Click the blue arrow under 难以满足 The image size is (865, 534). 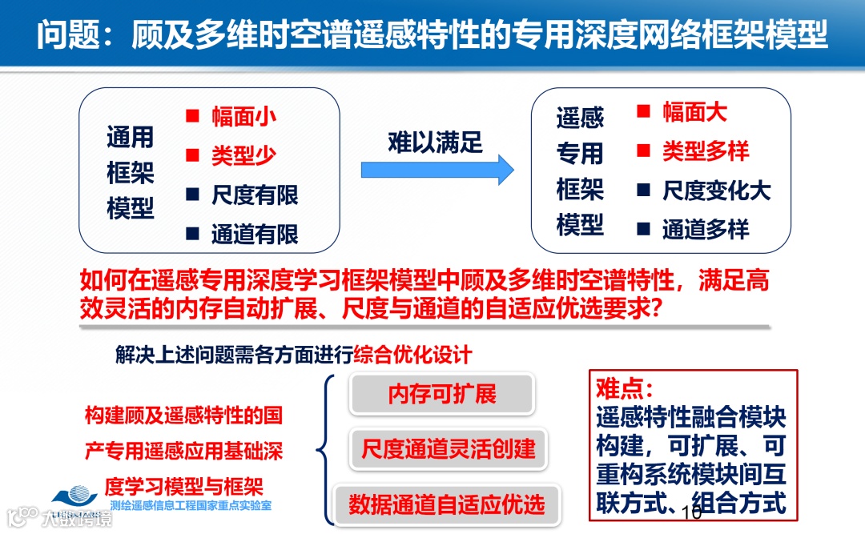tap(437, 170)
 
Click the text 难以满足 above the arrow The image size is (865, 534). tap(435, 142)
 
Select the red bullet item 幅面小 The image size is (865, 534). tap(243, 116)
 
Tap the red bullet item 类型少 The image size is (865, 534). tap(243, 155)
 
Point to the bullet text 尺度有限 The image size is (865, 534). tap(255, 195)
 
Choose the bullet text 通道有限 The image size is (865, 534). tap(255, 234)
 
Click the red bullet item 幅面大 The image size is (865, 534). tap(694, 112)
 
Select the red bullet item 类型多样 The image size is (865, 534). tap(706, 151)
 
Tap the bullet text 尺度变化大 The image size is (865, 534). tap(716, 191)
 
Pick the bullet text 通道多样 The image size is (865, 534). tap(706, 230)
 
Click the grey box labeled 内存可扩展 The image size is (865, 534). tap(442, 394)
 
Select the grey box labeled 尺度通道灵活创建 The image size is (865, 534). tap(449, 448)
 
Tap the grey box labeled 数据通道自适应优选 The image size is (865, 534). tap(446, 504)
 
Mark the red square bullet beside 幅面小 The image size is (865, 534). tap(192, 116)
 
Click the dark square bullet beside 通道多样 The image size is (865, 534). tap(642, 230)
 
